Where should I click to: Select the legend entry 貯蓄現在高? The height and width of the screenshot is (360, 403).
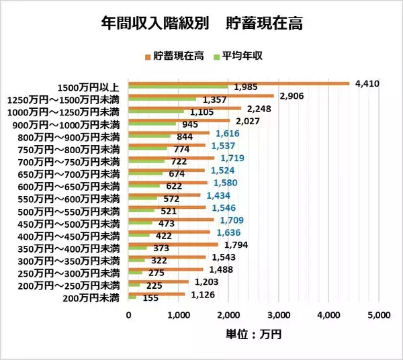pyautogui.click(x=177, y=55)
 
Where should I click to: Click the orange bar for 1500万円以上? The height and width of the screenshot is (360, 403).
pyautogui.click(x=238, y=84)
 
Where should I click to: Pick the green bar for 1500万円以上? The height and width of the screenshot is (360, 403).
pyautogui.click(x=178, y=87)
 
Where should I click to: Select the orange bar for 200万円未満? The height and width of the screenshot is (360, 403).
pyautogui.click(x=156, y=294)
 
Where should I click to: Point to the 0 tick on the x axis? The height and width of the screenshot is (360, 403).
pyautogui.click(x=128, y=314)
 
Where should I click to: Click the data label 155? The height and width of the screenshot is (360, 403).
pyautogui.click(x=150, y=298)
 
